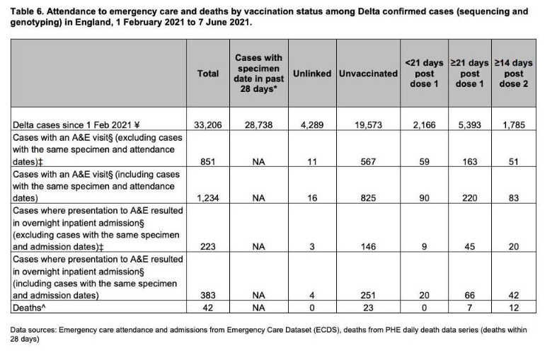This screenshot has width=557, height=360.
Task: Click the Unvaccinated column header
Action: point(368,74)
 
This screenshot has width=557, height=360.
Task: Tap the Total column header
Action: point(209,74)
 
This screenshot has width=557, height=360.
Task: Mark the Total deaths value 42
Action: point(209,308)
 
